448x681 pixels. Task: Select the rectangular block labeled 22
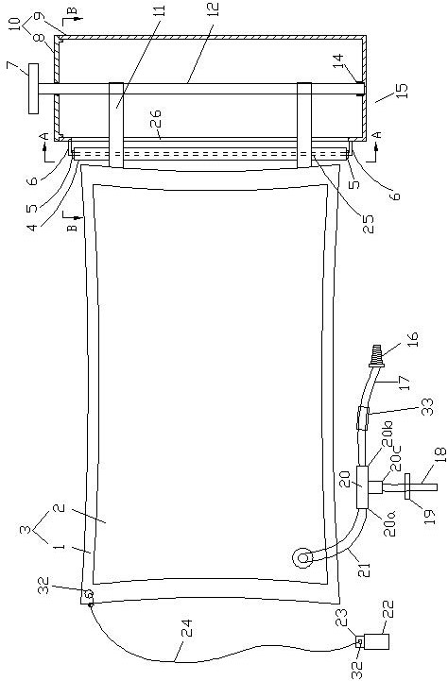[x=376, y=641]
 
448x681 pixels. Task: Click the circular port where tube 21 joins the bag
[x=302, y=558]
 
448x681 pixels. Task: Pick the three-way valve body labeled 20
[x=362, y=486]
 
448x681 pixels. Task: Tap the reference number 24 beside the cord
[x=187, y=629]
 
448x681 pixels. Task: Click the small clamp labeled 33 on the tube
[x=363, y=417]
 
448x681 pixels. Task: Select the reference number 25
[x=368, y=223]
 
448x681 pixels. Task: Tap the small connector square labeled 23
[x=359, y=641]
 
